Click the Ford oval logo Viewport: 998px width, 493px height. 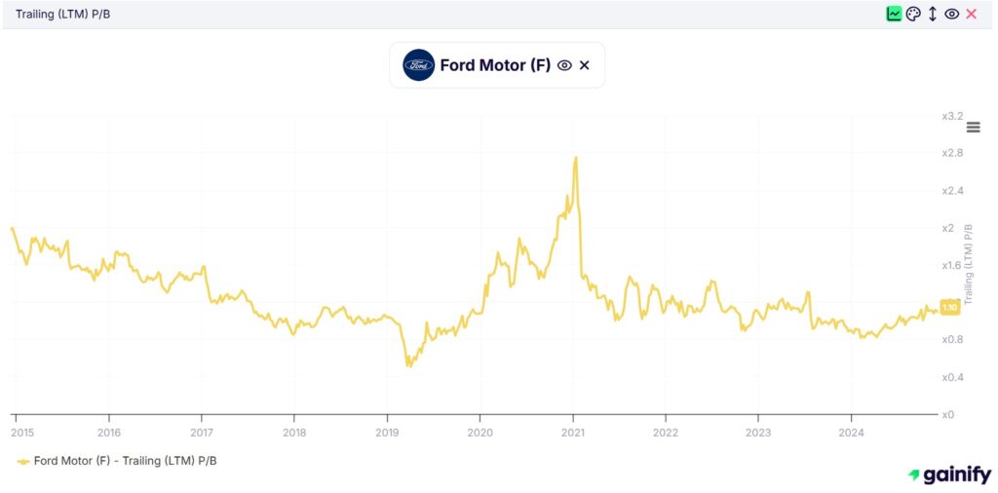[x=418, y=65]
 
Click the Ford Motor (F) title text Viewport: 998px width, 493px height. [x=495, y=65]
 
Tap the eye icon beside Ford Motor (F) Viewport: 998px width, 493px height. [x=563, y=65]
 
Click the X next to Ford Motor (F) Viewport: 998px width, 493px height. [x=585, y=65]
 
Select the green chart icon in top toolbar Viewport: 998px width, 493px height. [x=894, y=14]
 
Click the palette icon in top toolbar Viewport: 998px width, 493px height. [x=913, y=14]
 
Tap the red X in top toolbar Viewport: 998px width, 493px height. [x=971, y=14]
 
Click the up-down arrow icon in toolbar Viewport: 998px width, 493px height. [x=933, y=14]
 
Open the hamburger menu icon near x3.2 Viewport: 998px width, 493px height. [x=973, y=128]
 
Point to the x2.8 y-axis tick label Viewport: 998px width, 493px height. [x=951, y=154]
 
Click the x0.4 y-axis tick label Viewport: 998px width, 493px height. [x=951, y=377]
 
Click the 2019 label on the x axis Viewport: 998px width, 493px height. [x=387, y=433]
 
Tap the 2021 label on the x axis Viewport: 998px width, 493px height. [x=573, y=433]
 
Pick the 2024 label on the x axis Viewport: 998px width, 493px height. [x=851, y=433]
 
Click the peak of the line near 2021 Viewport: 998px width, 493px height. [x=576, y=158]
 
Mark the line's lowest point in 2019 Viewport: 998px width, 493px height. [x=408, y=366]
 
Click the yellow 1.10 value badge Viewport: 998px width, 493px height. [x=950, y=307]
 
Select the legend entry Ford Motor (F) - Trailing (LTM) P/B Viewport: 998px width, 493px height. [x=117, y=460]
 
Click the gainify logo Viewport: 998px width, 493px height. [x=950, y=474]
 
